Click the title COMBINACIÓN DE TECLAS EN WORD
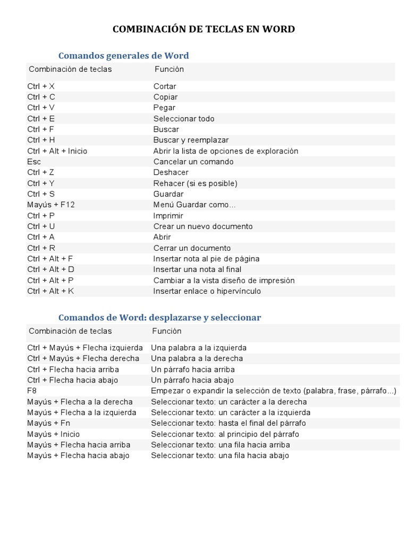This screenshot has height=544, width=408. (203, 29)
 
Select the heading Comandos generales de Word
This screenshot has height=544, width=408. (123, 55)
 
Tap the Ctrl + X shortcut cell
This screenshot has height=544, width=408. (41, 86)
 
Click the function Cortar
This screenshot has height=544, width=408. (165, 86)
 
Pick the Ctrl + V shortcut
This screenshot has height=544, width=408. (41, 108)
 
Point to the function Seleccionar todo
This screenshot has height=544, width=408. (184, 118)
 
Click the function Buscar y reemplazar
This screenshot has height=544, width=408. (191, 140)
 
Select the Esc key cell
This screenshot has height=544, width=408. (34, 161)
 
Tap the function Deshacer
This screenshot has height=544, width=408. (171, 173)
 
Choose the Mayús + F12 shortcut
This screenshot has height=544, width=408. (51, 205)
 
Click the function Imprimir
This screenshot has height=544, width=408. (168, 216)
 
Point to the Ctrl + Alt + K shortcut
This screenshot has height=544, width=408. (50, 291)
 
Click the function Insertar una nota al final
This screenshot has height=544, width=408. (197, 269)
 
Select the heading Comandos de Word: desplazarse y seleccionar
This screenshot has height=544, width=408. (159, 317)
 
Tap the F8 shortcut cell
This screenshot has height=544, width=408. (32, 391)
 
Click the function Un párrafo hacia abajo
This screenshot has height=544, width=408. (192, 380)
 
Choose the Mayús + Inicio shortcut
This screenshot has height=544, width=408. (53, 434)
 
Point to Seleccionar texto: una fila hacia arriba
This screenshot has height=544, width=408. (220, 445)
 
